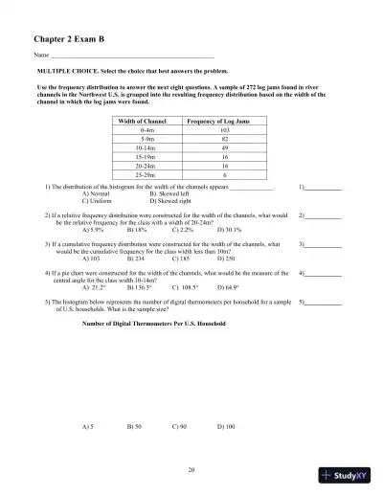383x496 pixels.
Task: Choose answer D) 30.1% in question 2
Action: tap(229, 230)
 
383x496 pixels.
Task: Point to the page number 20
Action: tap(191, 468)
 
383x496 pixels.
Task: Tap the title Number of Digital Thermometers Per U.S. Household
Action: tap(155, 324)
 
